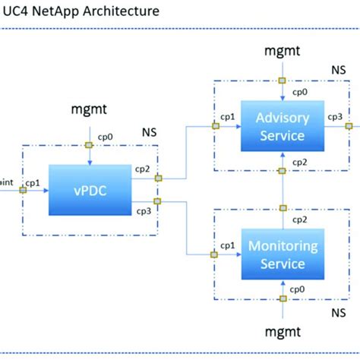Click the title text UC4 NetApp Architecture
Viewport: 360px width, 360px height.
click(81, 11)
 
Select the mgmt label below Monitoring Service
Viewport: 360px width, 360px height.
click(282, 332)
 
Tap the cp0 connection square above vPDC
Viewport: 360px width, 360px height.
click(89, 145)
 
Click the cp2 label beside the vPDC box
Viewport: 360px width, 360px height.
click(144, 169)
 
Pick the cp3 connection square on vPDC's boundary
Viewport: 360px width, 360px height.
click(157, 201)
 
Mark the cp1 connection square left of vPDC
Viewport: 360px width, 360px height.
click(22, 190)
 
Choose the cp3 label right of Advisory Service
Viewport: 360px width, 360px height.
click(334, 116)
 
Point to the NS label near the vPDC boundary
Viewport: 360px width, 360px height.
click(150, 131)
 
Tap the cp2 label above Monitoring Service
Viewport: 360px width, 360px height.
click(299, 219)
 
